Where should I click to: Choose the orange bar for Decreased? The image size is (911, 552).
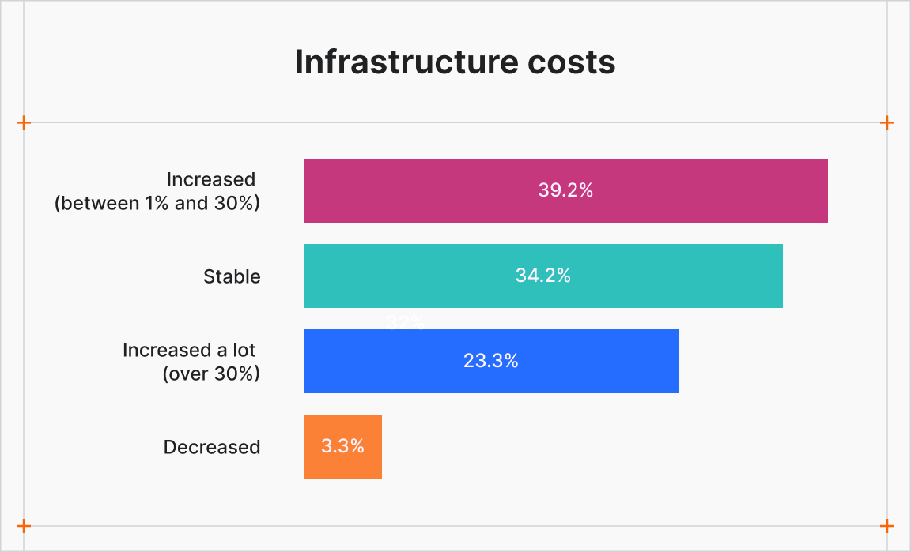342,446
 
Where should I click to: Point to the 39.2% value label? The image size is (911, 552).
565,190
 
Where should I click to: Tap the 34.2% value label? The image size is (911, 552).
543,276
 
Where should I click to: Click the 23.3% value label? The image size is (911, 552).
490,361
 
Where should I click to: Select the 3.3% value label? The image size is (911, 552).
342,446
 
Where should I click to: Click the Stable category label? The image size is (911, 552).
232,276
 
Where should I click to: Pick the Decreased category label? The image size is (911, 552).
212,447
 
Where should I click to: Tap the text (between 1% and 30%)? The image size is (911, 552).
157,203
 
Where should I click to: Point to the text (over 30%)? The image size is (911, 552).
211,374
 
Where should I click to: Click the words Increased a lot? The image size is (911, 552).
189,350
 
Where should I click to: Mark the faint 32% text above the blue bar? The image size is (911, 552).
406,322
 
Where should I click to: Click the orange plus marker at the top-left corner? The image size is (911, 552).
24,122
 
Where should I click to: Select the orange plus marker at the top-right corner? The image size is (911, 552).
887,122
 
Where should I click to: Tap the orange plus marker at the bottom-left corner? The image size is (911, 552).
24,526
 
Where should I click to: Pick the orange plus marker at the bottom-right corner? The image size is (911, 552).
887,526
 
